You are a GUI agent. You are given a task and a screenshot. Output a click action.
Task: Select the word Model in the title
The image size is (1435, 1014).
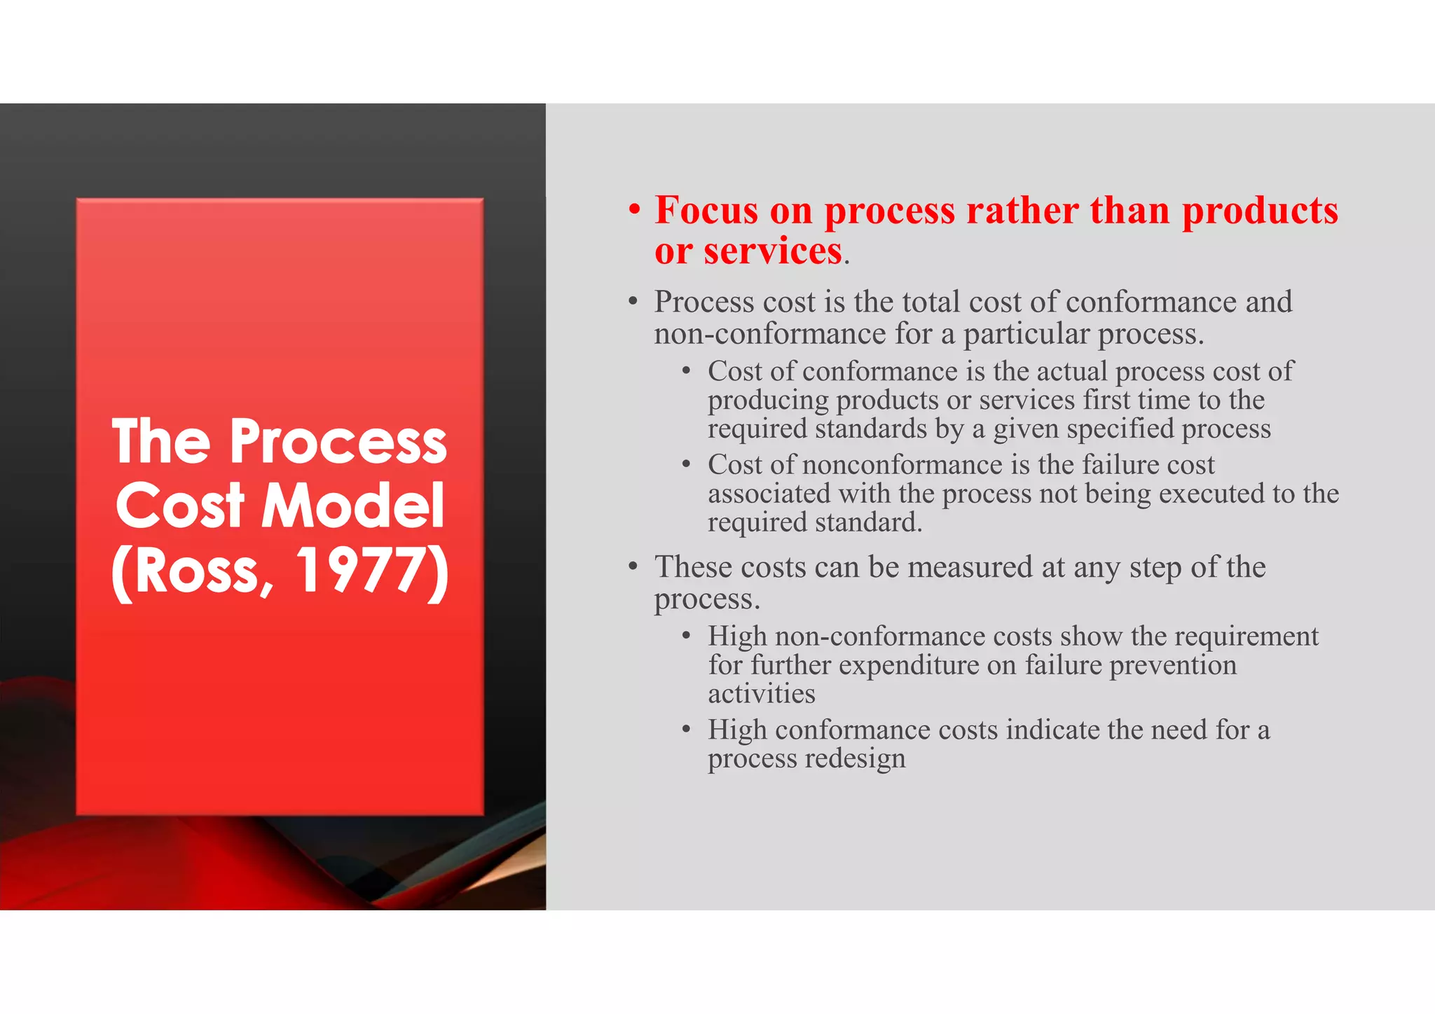(x=353, y=506)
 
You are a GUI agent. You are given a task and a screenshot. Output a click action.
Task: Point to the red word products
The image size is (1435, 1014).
(x=1260, y=211)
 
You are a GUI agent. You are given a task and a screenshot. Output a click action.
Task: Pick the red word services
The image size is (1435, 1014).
(x=772, y=251)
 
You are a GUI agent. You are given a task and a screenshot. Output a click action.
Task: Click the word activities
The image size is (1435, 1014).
(x=761, y=694)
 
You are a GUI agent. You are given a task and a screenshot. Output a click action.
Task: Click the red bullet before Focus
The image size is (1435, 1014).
(x=634, y=211)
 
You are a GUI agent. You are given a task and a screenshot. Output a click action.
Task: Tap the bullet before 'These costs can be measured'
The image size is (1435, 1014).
(x=633, y=567)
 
